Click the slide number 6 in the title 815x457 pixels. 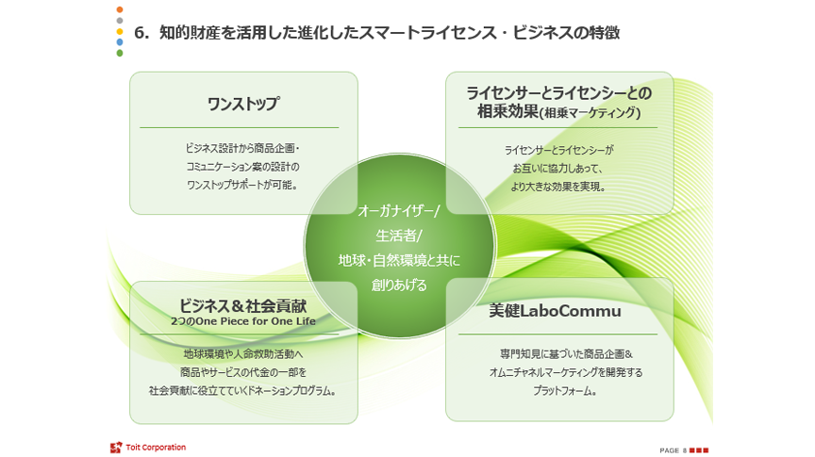click(141, 32)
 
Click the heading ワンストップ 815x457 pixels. click(243, 104)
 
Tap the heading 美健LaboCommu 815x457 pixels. click(555, 310)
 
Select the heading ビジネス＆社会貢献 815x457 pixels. click(243, 306)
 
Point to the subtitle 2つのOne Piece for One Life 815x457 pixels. click(243, 321)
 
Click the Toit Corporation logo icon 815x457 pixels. click(115, 447)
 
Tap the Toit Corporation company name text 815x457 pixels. click(156, 447)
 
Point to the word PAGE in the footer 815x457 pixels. click(669, 450)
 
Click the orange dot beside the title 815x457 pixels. click(120, 9)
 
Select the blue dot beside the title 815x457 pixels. click(120, 42)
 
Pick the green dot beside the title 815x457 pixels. click(120, 54)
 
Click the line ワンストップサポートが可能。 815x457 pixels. click(243, 184)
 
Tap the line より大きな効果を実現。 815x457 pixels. click(558, 186)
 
